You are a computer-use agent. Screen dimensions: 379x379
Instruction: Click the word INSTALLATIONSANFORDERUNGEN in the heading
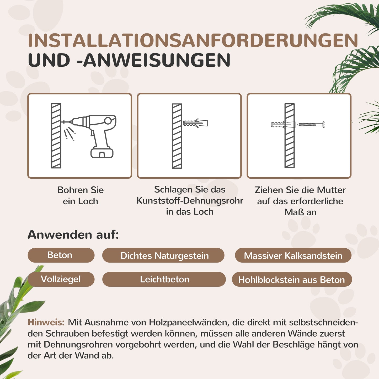pos(193,40)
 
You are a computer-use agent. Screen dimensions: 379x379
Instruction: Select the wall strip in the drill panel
pos(56,136)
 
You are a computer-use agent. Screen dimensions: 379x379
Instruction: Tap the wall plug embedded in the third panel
pos(282,125)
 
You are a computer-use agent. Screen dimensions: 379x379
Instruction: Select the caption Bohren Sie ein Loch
pos(80,195)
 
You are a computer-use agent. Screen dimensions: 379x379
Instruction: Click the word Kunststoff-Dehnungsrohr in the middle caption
pos(190,201)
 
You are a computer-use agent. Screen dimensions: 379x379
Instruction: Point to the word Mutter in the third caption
pos(331,190)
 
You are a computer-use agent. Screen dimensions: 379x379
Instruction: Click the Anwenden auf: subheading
pos(73,234)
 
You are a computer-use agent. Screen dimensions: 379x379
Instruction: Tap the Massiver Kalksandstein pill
pos(293,255)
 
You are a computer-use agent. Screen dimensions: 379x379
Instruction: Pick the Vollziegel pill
pos(61,279)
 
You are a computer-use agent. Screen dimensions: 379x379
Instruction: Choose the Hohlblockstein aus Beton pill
pos(291,280)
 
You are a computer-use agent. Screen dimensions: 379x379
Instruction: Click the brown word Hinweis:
pos(46,322)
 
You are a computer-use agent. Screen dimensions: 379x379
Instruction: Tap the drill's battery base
pos(102,152)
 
